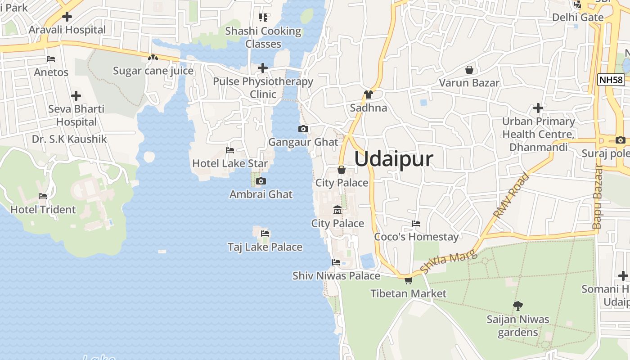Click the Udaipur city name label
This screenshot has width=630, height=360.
pyautogui.click(x=394, y=159)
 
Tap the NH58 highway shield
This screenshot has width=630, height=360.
pyautogui.click(x=611, y=80)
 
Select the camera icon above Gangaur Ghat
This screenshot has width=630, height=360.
pyautogui.click(x=303, y=129)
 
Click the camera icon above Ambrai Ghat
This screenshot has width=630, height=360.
pyautogui.click(x=261, y=181)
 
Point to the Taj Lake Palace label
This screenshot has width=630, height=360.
pyautogui.click(x=265, y=247)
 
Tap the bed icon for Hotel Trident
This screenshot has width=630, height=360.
pyautogui.click(x=43, y=196)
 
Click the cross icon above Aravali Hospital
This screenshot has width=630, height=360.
pyautogui.click(x=67, y=17)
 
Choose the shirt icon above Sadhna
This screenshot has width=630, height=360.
pyautogui.click(x=369, y=94)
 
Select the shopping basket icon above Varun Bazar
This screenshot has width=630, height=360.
pyautogui.click(x=469, y=70)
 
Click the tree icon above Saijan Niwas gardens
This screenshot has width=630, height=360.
pyautogui.click(x=518, y=306)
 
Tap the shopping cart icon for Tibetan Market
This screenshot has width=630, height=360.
pyautogui.click(x=408, y=281)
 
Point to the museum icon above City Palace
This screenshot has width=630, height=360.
pyautogui.click(x=337, y=210)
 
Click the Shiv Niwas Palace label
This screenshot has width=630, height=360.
pyautogui.click(x=336, y=275)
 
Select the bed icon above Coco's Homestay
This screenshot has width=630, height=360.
pyautogui.click(x=416, y=224)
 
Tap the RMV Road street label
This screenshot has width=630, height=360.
pyautogui.click(x=511, y=196)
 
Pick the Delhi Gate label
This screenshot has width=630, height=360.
pyautogui.click(x=578, y=18)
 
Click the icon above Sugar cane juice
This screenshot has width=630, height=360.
pyautogui.click(x=153, y=58)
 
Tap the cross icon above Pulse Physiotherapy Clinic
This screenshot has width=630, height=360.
pyautogui.click(x=263, y=68)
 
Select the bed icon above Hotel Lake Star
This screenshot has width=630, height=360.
pyautogui.click(x=230, y=150)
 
